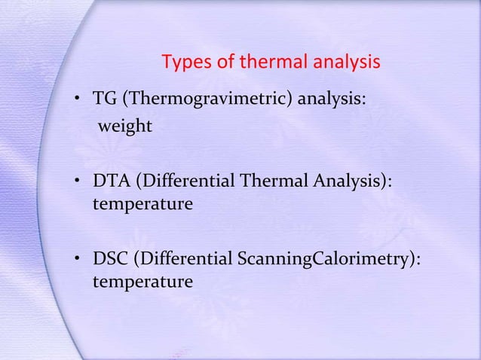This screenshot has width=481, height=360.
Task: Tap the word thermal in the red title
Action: coord(268,63)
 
